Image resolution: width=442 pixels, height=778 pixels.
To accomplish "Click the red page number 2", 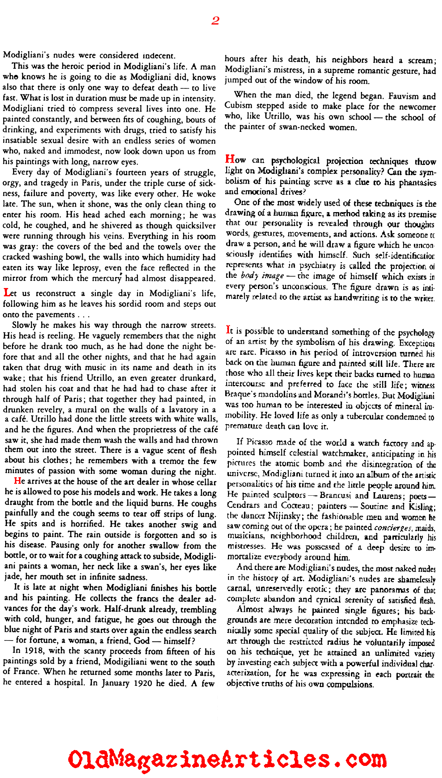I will [x=215, y=21].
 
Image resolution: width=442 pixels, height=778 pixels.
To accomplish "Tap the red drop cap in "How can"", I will [x=230, y=159].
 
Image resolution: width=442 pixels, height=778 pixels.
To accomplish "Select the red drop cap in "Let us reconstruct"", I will [x=7, y=292].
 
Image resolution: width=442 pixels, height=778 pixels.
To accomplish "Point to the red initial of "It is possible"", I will [x=228, y=330].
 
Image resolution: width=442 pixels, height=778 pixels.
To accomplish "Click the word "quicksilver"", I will [x=196, y=226].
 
